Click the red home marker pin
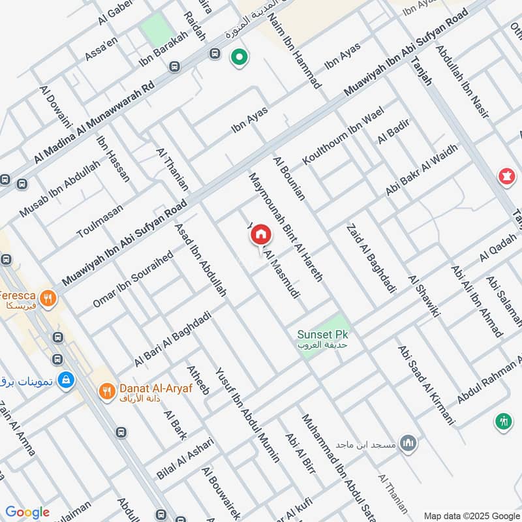pyautogui.click(x=261, y=234)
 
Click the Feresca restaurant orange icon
pyautogui.click(x=47, y=299)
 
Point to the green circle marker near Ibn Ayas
pyautogui.click(x=239, y=59)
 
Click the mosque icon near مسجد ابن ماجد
pyautogui.click(x=408, y=443)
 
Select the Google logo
pyautogui.click(x=27, y=512)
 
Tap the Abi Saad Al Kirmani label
pyautogui.click(x=425, y=384)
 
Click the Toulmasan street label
pyautogui.click(x=100, y=220)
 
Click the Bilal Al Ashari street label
pyautogui.click(x=185, y=458)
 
